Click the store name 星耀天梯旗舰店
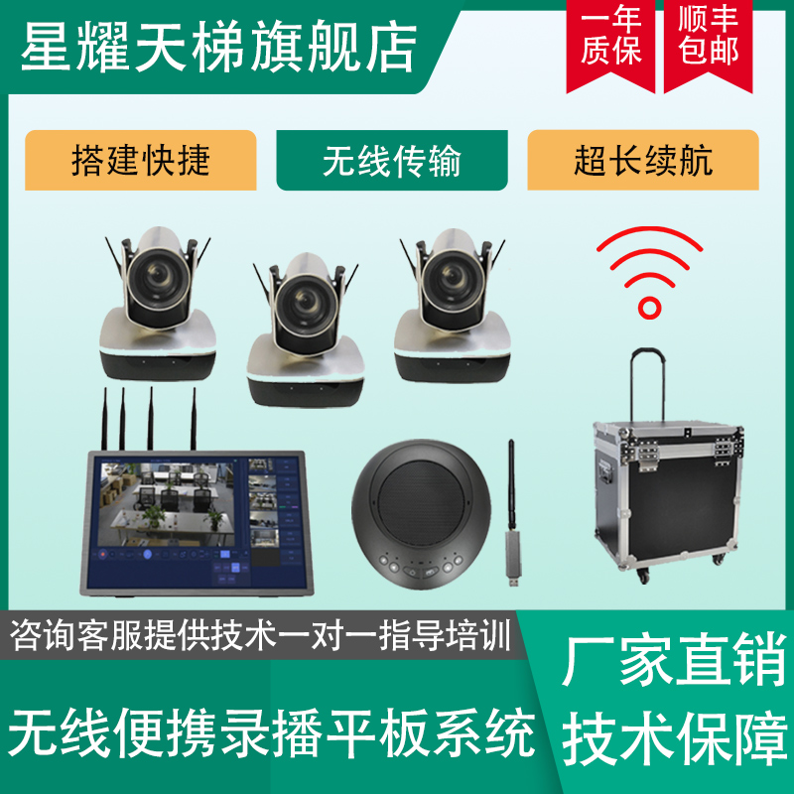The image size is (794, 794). click(218, 47)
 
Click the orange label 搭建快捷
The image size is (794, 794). click(141, 160)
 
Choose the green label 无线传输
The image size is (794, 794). click(392, 160)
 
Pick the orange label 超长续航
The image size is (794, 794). click(643, 160)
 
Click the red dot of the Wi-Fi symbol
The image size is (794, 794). click(649, 308)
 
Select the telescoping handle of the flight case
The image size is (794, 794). click(648, 384)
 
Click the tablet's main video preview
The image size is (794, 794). click(166, 504)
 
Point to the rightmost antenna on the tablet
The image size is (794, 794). click(193, 419)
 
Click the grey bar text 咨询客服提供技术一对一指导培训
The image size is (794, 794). click(260, 635)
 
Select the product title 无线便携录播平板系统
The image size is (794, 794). click(272, 731)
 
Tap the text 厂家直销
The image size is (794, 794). click(675, 660)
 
